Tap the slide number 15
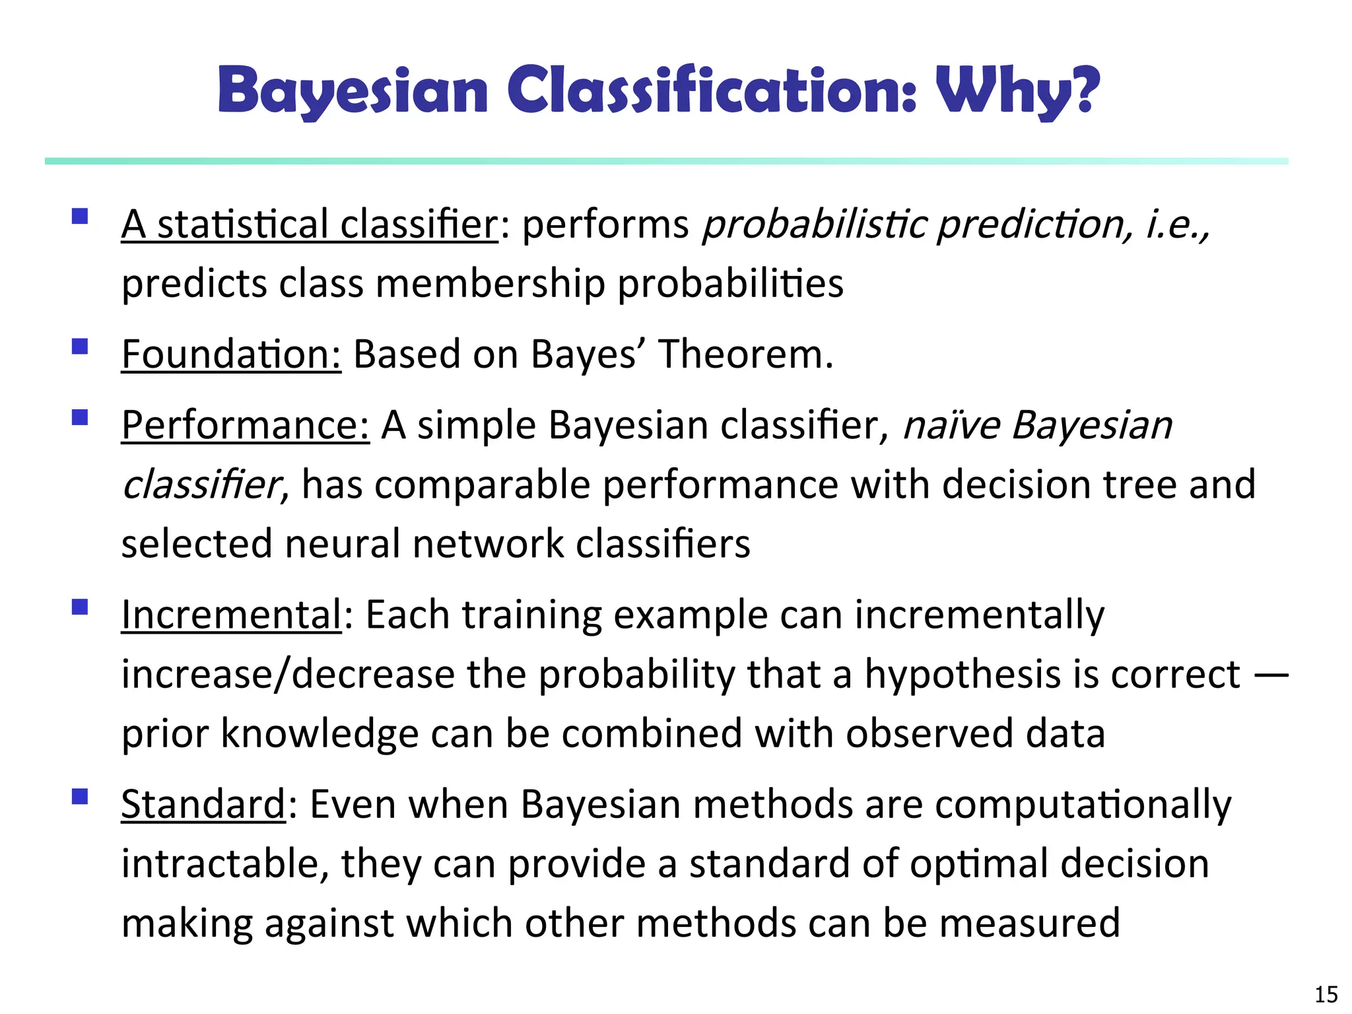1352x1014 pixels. pos(1326,994)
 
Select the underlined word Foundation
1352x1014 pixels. pos(231,355)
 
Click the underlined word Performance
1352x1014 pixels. pos(245,425)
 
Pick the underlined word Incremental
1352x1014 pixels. pos(231,615)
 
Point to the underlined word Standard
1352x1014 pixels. pos(203,805)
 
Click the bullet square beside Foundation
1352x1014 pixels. pos(80,347)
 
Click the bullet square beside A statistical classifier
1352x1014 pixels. pos(80,217)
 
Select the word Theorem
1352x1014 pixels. pos(746,355)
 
